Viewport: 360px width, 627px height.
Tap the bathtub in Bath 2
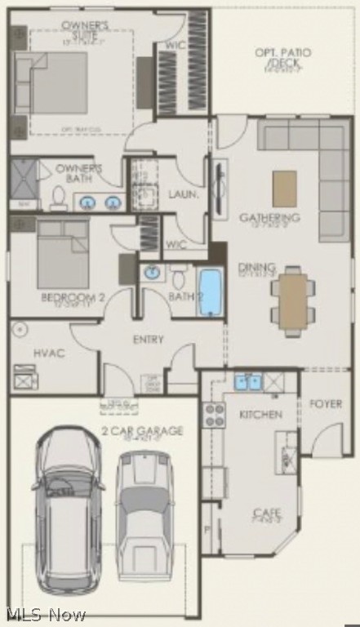tap(210, 291)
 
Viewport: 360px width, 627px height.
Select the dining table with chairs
tap(293, 300)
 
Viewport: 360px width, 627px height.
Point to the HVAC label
tap(49, 353)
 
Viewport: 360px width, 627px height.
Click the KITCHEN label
tap(260, 415)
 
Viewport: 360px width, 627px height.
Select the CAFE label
tap(267, 514)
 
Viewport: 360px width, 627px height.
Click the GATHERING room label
tap(269, 218)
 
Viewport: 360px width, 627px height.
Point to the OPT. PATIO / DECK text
tap(282, 57)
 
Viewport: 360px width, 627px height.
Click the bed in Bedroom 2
tap(62, 254)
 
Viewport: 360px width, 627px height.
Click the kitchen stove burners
tap(214, 416)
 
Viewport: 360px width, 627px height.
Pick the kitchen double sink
tap(248, 381)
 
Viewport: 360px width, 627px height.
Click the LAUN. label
tap(184, 194)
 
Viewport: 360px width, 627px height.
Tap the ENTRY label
tap(149, 339)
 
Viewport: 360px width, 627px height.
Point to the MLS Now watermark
tap(45, 614)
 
